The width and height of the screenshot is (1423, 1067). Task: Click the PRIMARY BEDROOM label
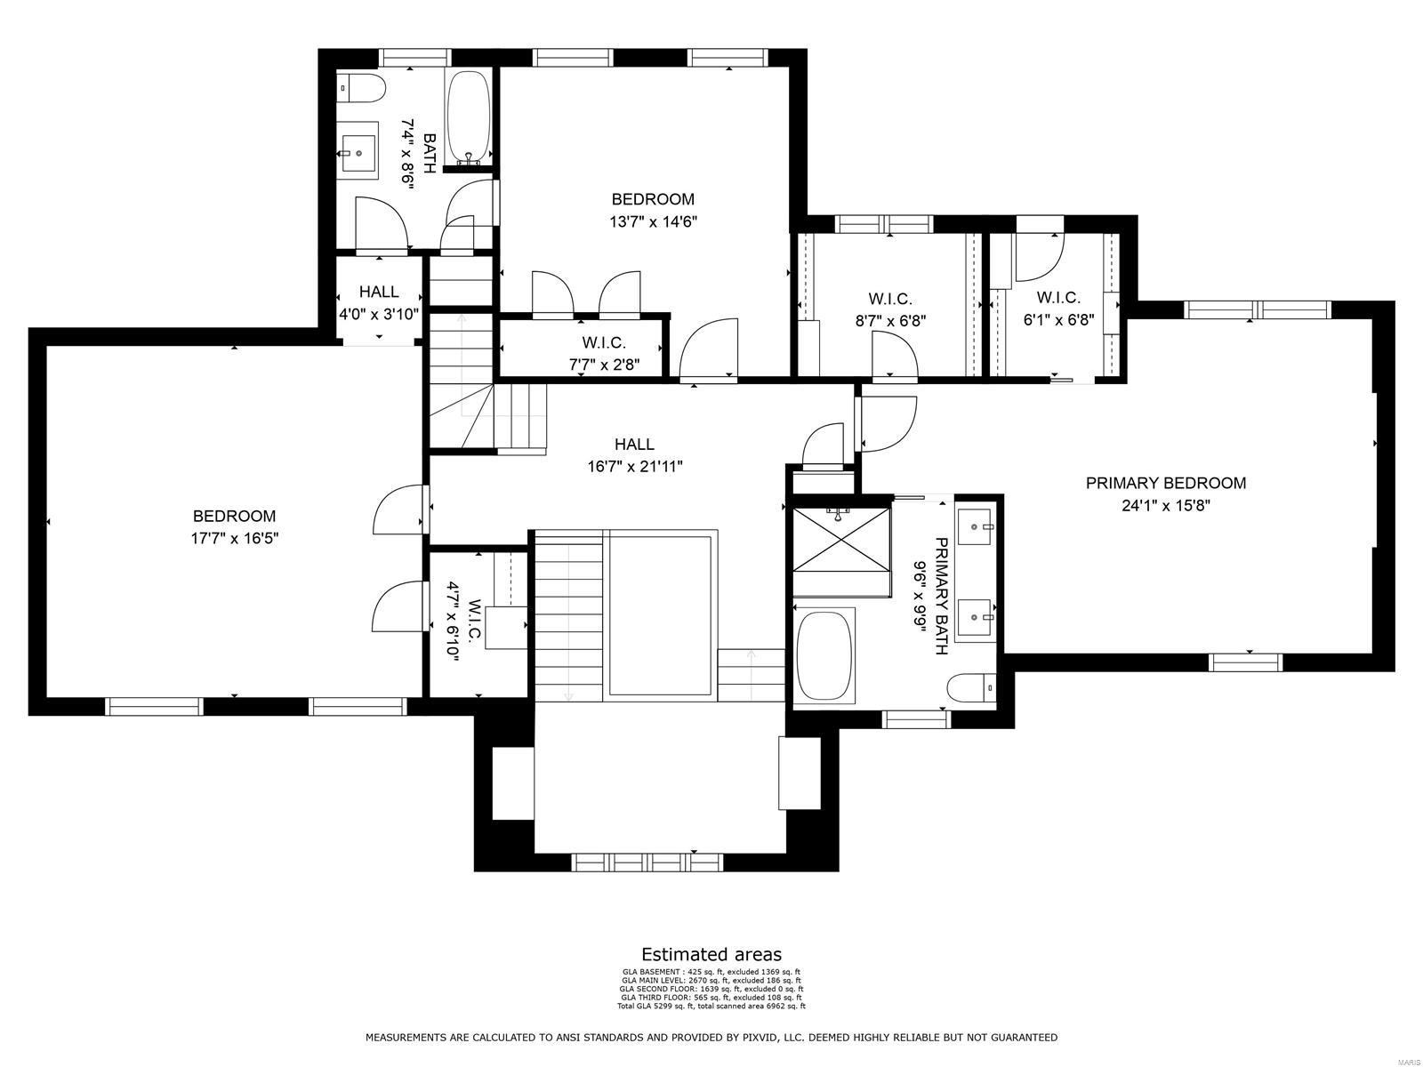pyautogui.click(x=1165, y=483)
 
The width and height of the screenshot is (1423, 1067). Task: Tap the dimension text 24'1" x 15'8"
pyautogui.click(x=1165, y=506)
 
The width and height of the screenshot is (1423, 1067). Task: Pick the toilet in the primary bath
pyautogui.click(x=971, y=688)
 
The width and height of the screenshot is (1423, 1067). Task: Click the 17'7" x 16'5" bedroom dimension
pyautogui.click(x=235, y=538)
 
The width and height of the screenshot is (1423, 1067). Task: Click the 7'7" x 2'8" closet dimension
pyautogui.click(x=605, y=363)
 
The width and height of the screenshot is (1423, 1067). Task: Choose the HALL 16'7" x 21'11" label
pyautogui.click(x=634, y=444)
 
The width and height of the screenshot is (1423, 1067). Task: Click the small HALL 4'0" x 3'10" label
pyautogui.click(x=379, y=292)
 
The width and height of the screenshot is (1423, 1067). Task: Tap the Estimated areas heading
pyautogui.click(x=711, y=955)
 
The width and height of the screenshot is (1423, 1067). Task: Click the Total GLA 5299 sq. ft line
pyautogui.click(x=711, y=1006)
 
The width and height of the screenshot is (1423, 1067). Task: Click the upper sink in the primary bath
pyautogui.click(x=977, y=527)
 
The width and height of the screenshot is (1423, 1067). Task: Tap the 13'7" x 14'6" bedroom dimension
pyautogui.click(x=653, y=222)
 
